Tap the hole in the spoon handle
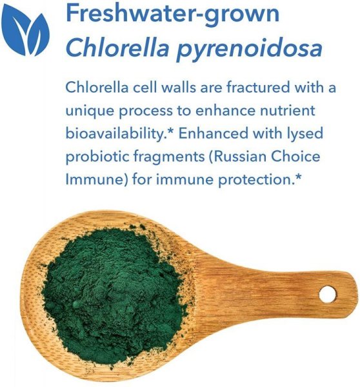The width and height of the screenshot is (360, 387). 328,294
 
